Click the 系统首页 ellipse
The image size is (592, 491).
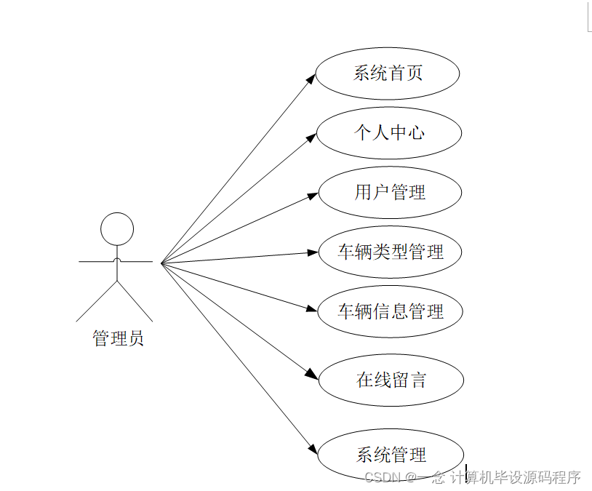coord(388,73)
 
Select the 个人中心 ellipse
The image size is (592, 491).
coord(389,133)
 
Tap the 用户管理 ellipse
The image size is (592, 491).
coord(390,193)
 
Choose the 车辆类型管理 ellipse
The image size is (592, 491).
coord(390,252)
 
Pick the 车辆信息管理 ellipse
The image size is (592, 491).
coord(390,312)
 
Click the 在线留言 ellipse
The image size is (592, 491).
coord(391,380)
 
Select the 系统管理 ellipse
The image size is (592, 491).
coord(391,455)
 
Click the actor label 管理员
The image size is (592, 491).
coord(118,338)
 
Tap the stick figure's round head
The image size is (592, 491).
coord(116,228)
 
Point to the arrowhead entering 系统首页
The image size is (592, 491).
coord(311,79)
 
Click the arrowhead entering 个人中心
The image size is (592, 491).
coord(311,137)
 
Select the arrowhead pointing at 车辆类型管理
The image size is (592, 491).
coord(313,253)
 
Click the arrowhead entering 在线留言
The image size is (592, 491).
coord(312,375)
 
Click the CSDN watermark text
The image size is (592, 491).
coord(472,477)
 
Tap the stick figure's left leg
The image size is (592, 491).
coord(96,301)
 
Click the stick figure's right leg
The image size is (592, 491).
coord(135,301)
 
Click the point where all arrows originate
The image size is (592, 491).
coord(161,262)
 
